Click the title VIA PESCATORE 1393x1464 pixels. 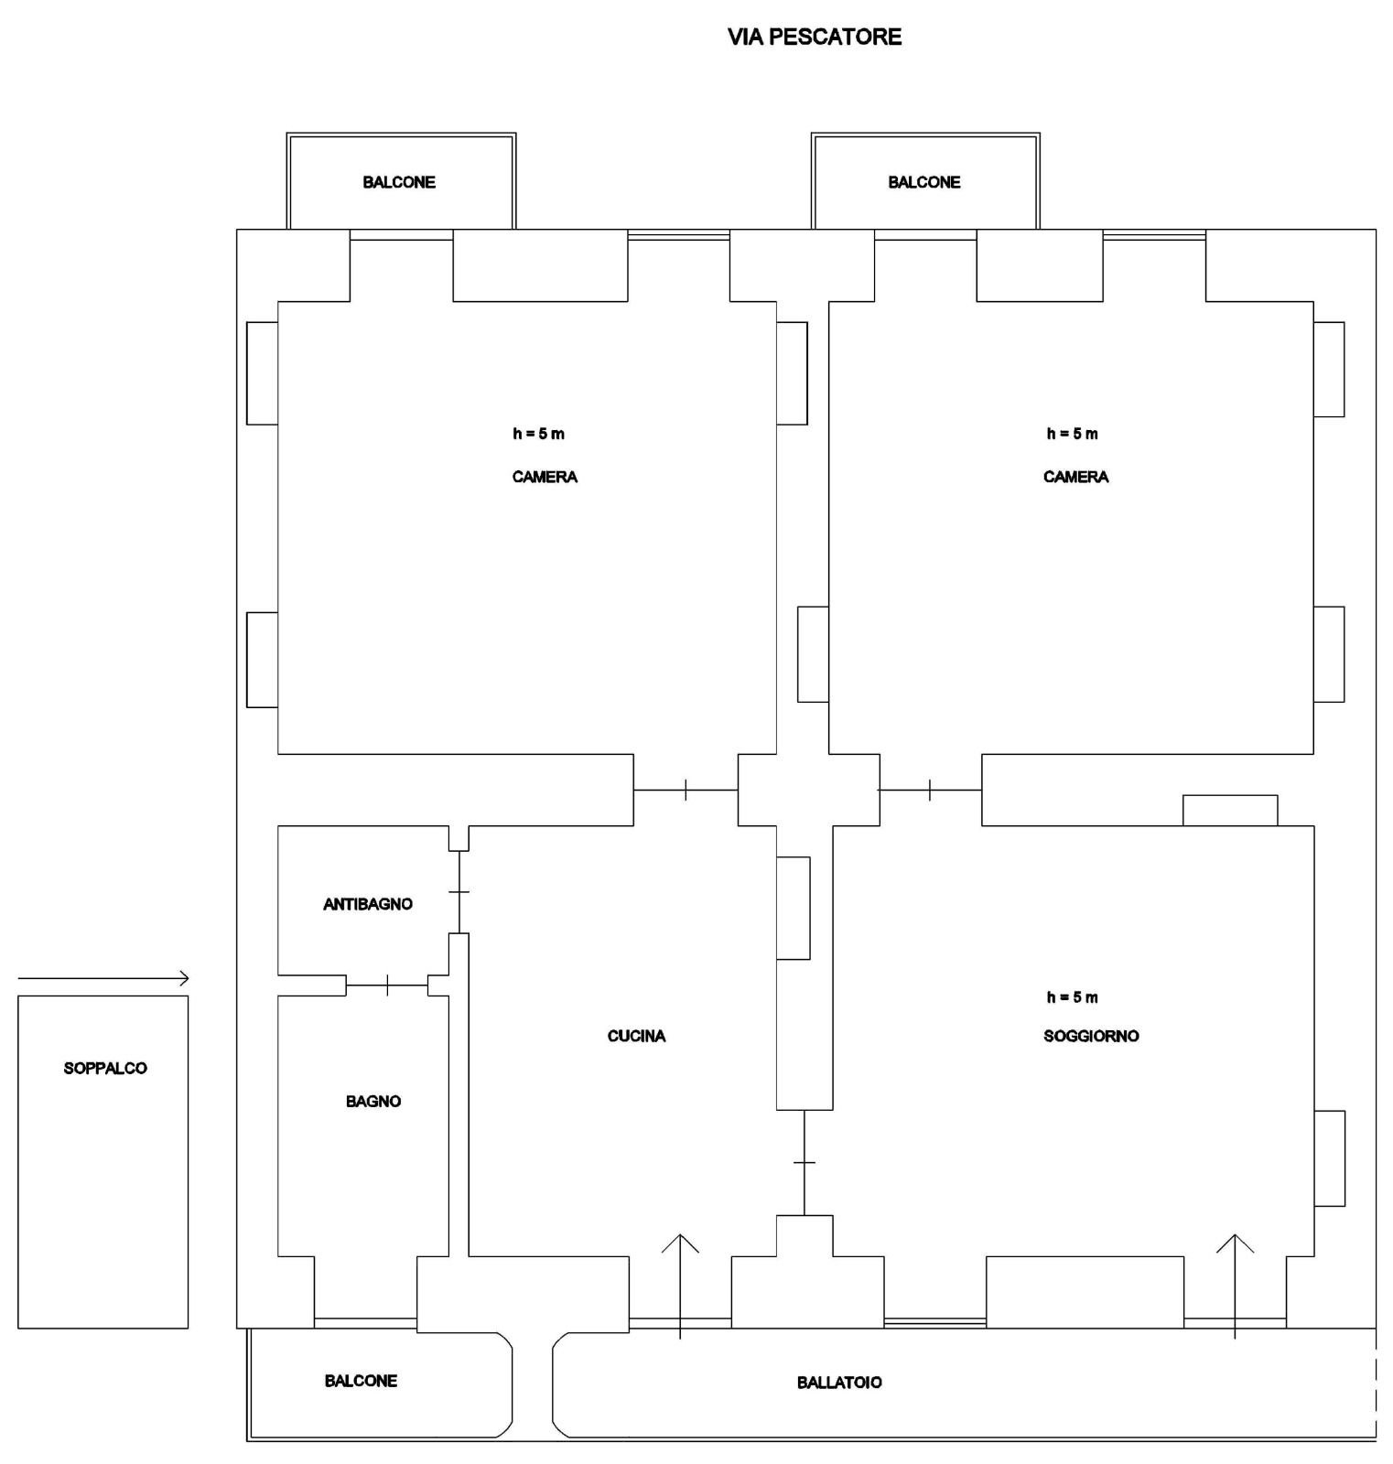[x=815, y=37]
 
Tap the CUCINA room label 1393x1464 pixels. [x=636, y=1036]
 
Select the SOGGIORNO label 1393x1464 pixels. [x=1091, y=1036]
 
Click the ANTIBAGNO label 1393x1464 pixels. [x=368, y=904]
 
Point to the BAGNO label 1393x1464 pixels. [x=373, y=1101]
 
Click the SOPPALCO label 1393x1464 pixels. [x=105, y=1068]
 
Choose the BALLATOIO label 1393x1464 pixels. [x=839, y=1383]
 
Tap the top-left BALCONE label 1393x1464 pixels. [x=399, y=182]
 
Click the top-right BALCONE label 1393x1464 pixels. [x=924, y=182]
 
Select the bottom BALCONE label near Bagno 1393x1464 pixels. [x=361, y=1381]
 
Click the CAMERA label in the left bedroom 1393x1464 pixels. [x=545, y=477]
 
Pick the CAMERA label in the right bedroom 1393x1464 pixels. [x=1075, y=477]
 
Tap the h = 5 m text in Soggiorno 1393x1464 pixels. [x=1073, y=997]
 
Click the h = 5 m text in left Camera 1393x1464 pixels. [x=538, y=434]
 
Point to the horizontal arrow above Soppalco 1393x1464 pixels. [x=103, y=979]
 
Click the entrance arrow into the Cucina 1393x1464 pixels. [x=680, y=1286]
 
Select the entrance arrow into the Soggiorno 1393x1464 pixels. [x=1236, y=1286]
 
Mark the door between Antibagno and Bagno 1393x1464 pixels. [x=388, y=985]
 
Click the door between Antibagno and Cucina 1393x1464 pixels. [x=459, y=892]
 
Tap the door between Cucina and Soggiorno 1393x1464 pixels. [x=804, y=1163]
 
